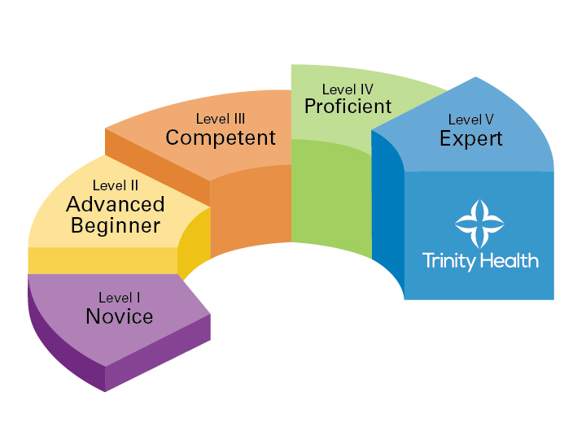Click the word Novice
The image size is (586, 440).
(x=120, y=316)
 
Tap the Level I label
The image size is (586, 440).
(x=120, y=298)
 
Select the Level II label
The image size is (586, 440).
(x=115, y=186)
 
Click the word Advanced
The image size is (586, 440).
(x=116, y=205)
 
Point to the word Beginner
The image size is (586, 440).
(x=116, y=225)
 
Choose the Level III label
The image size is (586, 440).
(x=221, y=120)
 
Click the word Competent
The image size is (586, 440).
(x=221, y=138)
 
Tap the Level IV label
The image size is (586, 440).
(x=348, y=89)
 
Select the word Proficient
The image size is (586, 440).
(x=348, y=107)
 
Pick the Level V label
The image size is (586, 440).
(x=471, y=120)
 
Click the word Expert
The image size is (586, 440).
(x=471, y=139)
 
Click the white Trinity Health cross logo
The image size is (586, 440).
(x=479, y=222)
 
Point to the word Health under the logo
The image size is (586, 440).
(x=509, y=261)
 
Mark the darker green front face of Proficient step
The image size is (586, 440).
(x=330, y=195)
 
